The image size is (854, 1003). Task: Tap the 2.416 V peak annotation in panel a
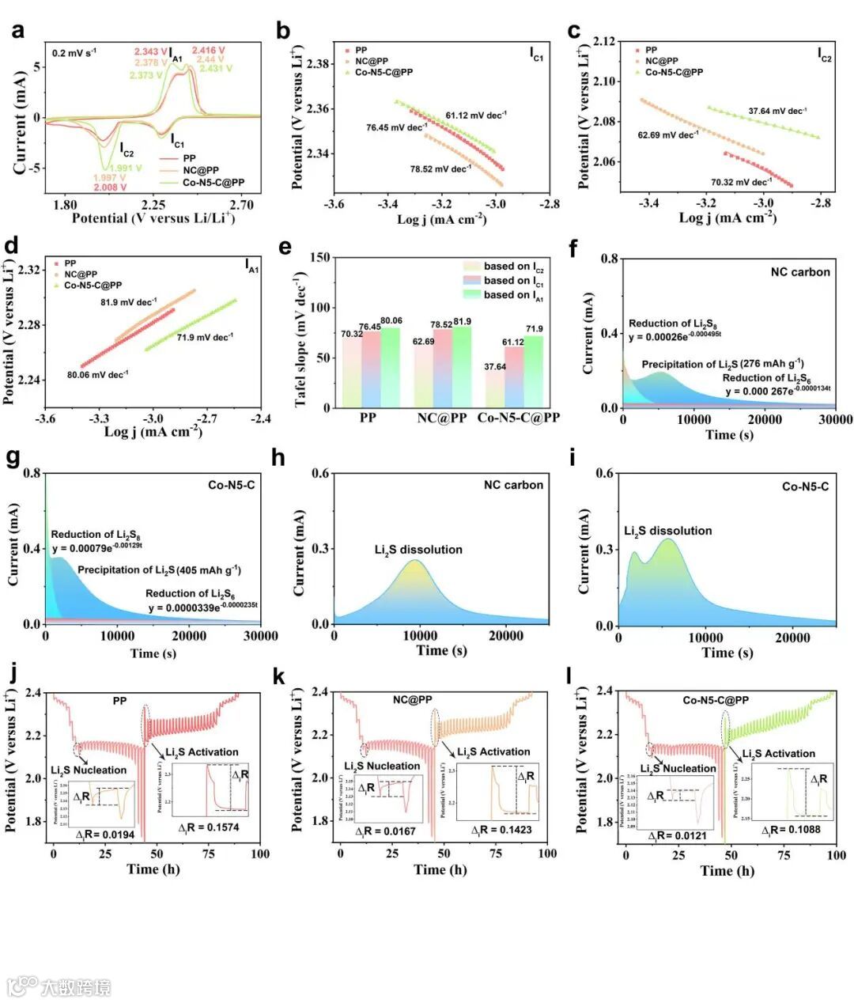(x=208, y=50)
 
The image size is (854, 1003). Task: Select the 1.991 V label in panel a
(x=126, y=168)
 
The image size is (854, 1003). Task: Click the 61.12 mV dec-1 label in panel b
(x=475, y=115)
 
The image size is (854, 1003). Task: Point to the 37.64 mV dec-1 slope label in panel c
(x=777, y=111)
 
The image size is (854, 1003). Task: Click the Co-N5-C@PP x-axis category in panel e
(x=518, y=418)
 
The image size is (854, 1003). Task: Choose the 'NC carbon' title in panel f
(x=800, y=272)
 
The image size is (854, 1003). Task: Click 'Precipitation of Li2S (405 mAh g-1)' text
(x=159, y=570)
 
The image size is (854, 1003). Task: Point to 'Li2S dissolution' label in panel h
(x=418, y=550)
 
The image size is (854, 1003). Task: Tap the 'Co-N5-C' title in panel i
(x=805, y=486)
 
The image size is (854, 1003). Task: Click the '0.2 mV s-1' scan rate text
(x=74, y=53)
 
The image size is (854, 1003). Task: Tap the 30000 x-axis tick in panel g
(x=260, y=636)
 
